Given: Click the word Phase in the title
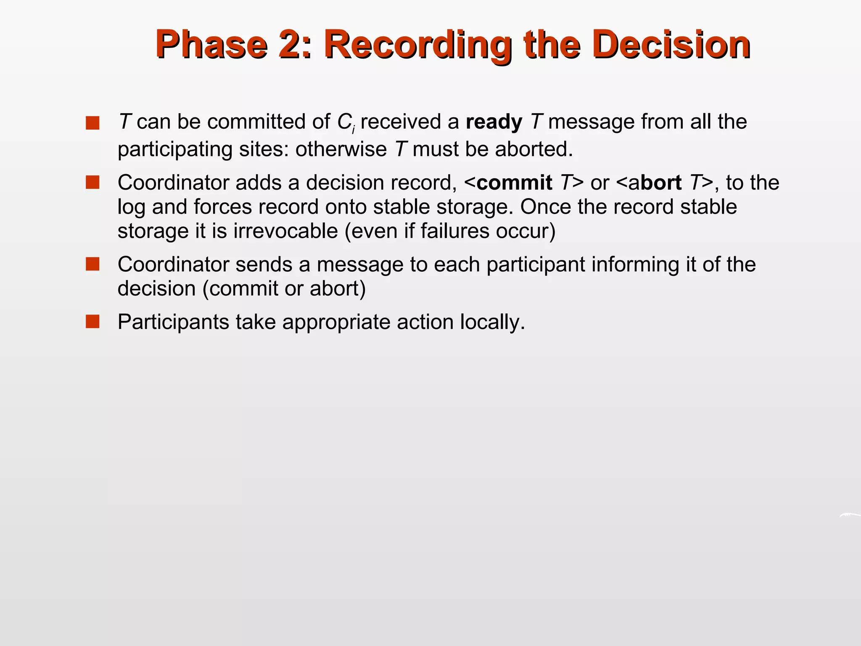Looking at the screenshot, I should pos(211,45).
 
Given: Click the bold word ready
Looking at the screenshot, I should pos(494,122).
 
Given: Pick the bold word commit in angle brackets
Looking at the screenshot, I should pos(514,183).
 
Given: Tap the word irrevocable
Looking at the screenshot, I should pos(285,231).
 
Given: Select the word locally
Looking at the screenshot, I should pos(492,322).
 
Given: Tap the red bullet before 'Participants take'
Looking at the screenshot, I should pos(92,322).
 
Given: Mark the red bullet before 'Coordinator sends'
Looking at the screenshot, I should pos(92,264).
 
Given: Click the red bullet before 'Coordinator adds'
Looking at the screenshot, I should pos(92,183).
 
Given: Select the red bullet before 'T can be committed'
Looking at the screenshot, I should pos(92,123).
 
